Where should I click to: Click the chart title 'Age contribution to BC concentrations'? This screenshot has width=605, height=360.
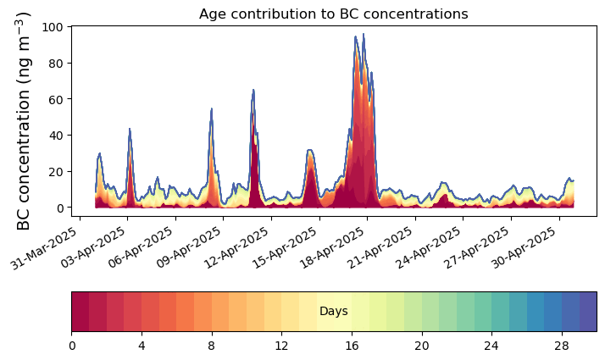[333, 14]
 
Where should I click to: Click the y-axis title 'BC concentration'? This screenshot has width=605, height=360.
[24, 120]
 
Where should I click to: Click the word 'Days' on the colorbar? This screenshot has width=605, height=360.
[333, 312]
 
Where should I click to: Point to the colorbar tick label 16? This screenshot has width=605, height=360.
[352, 346]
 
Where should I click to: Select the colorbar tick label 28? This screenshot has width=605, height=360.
[561, 346]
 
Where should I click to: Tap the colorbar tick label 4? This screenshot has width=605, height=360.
[142, 346]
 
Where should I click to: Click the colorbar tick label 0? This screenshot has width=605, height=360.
[72, 346]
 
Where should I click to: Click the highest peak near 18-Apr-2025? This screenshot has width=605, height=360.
[364, 35]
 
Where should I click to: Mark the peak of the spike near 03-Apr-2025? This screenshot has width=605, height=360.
[130, 129]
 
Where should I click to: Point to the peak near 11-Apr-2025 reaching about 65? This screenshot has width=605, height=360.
[253, 90]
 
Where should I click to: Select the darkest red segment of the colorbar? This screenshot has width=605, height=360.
[80, 312]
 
